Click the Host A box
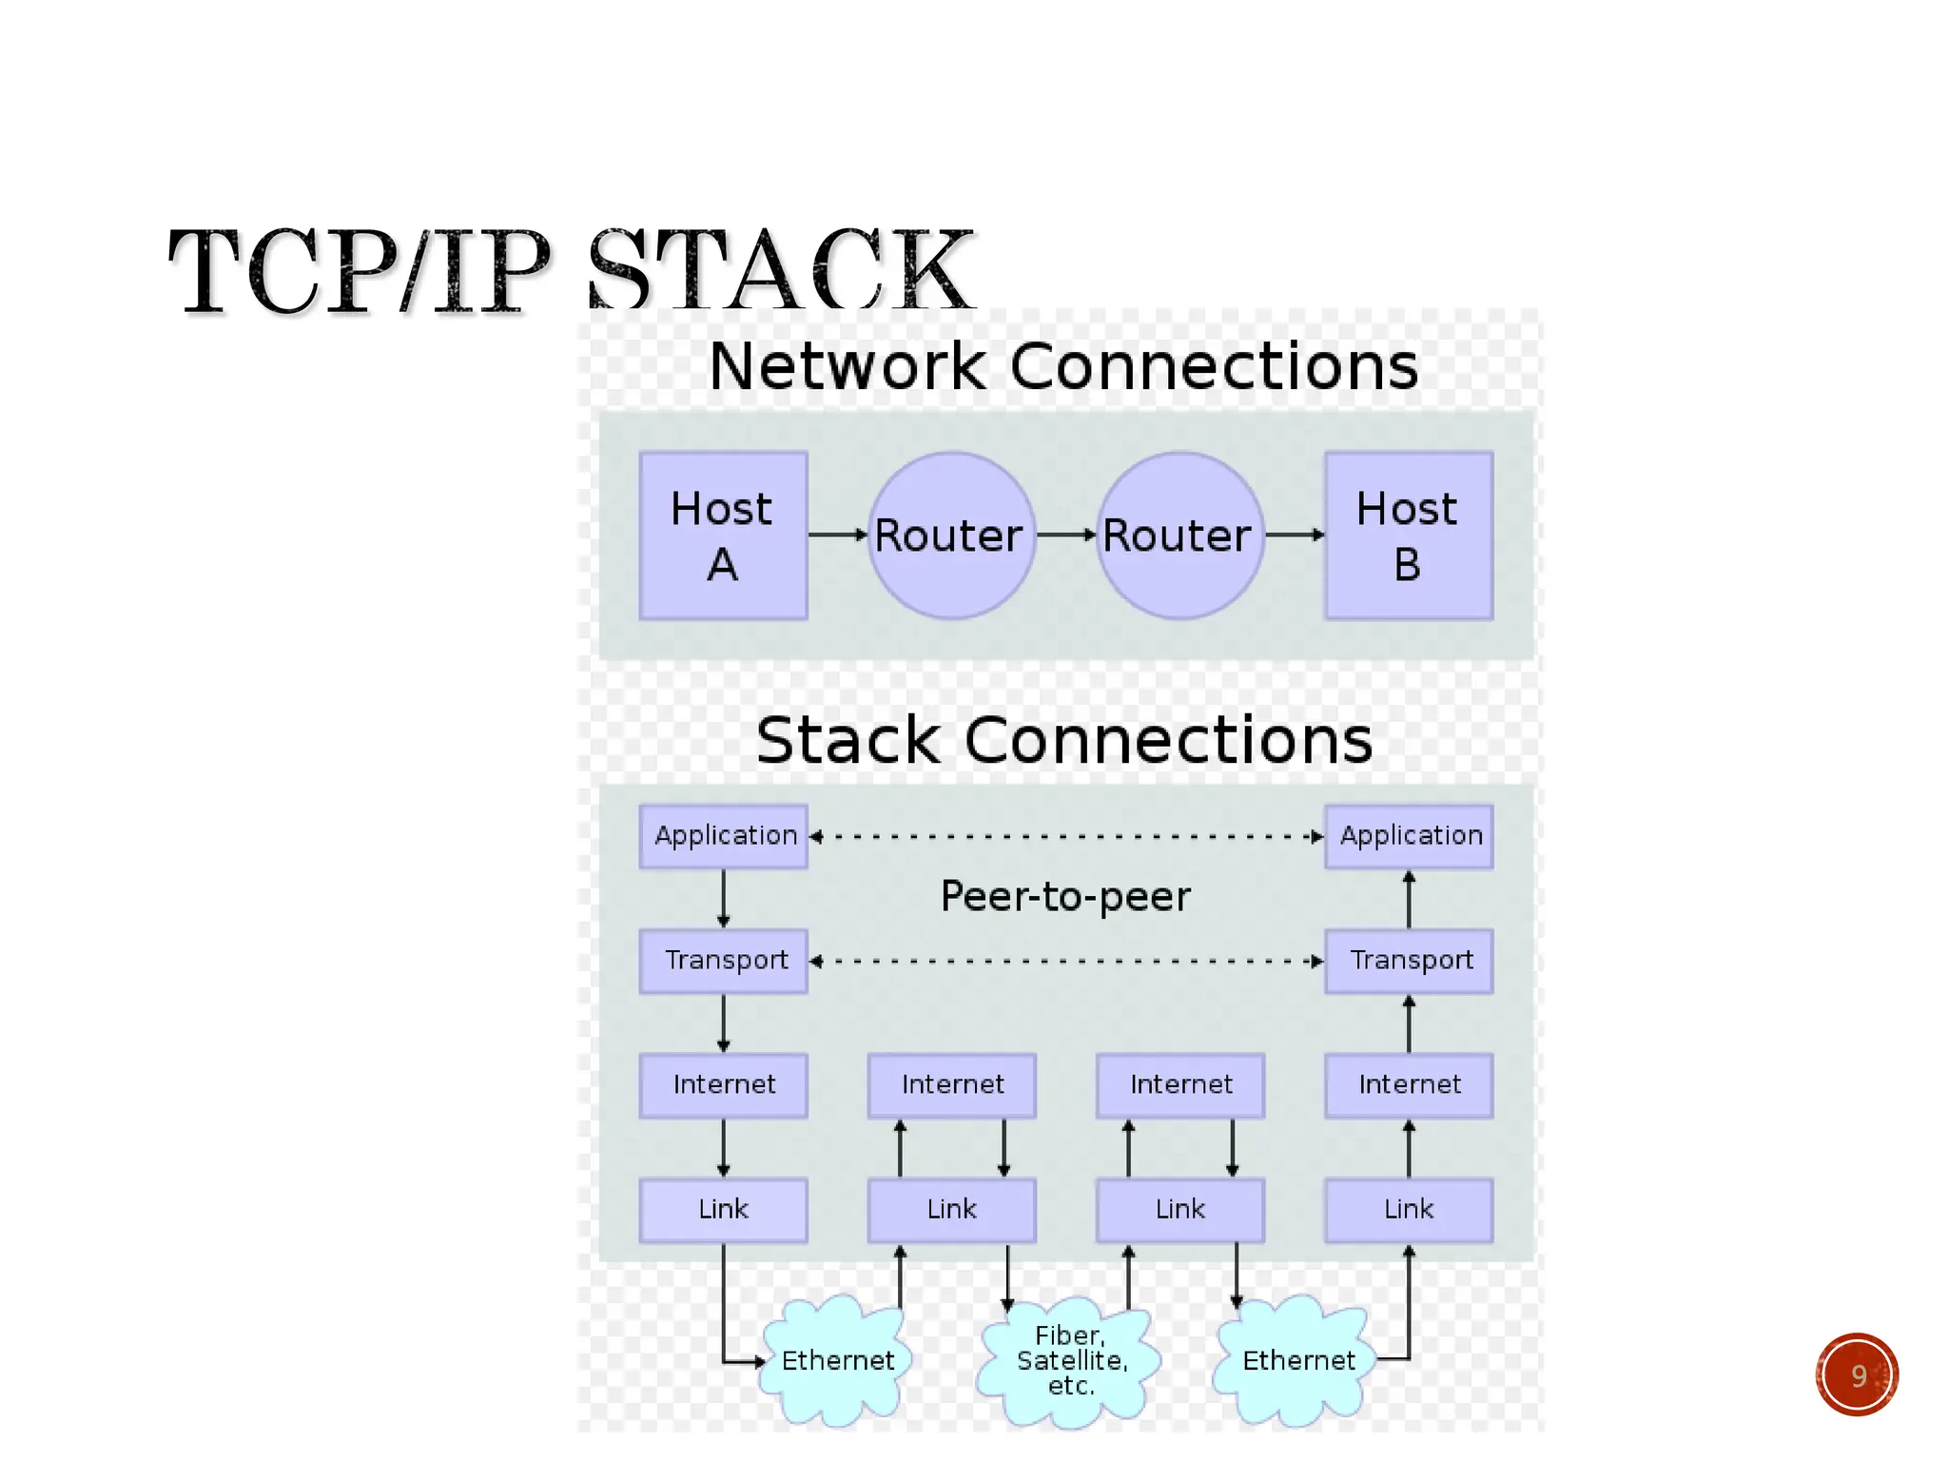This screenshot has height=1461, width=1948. point(723,536)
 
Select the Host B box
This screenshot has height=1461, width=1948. point(1409,536)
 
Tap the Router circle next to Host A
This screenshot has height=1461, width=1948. point(951,536)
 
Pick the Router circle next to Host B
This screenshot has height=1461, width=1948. point(1179,536)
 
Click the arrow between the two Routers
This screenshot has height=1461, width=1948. point(1066,536)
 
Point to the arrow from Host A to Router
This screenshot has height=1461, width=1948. point(837,536)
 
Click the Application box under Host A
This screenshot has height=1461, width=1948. point(723,836)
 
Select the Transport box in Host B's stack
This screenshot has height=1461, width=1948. point(1409,961)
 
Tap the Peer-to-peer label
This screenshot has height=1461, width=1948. point(1065,897)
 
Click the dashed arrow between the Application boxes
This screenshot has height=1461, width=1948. point(1065,837)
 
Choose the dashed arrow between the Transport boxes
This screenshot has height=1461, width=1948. point(1065,962)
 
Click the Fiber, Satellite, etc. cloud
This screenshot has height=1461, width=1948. point(1070,1362)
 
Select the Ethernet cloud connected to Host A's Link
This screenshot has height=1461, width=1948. point(837,1361)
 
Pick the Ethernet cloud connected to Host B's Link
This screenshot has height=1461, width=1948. point(1296,1361)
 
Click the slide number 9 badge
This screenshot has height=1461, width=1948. point(1857,1375)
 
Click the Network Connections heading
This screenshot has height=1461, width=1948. point(1063,366)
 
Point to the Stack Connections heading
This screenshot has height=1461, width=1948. point(1063,740)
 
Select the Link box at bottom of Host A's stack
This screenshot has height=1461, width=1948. point(723,1210)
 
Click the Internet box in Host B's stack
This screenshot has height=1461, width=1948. point(1409,1085)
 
